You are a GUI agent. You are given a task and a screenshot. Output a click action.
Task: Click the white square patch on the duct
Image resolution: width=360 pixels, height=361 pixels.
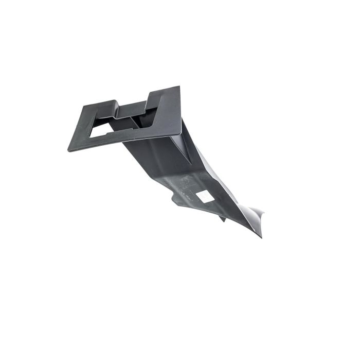pyautogui.click(x=203, y=196)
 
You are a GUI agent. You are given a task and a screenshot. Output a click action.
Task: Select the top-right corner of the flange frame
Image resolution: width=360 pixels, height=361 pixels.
pyautogui.click(x=179, y=87)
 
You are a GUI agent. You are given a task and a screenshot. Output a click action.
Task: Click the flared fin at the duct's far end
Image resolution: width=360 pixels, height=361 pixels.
pyautogui.click(x=255, y=214)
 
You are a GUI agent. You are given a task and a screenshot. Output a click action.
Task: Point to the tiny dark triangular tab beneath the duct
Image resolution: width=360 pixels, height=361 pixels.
pyautogui.click(x=222, y=219)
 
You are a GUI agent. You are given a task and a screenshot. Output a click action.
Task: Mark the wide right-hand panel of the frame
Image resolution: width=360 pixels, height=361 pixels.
pyautogui.click(x=167, y=111)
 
